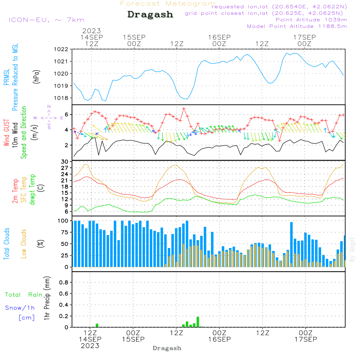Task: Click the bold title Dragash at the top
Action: point(150,14)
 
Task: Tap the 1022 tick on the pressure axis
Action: point(61,49)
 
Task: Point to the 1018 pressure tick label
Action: point(61,98)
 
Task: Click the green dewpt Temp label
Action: point(32,190)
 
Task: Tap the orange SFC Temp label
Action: point(24,190)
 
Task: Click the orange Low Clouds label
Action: point(24,243)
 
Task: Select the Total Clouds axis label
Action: point(7,243)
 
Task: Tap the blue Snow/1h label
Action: point(20,308)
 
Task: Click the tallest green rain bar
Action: point(198,322)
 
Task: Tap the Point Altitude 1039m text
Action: point(311,19)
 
